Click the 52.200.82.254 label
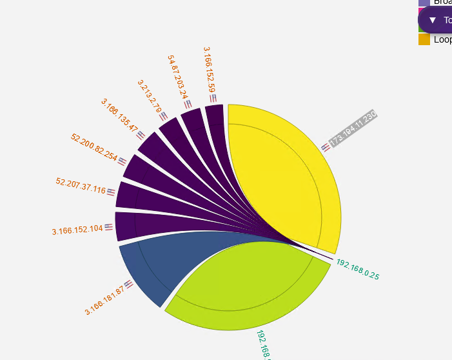click(x=94, y=147)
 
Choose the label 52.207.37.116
click(x=81, y=186)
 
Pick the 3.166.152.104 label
click(x=77, y=229)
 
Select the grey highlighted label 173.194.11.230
click(x=352, y=128)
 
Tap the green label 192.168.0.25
click(x=358, y=270)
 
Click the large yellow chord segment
click(x=284, y=174)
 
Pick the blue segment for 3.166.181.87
click(x=155, y=265)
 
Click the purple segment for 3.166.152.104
click(x=126, y=226)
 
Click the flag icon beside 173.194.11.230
click(x=326, y=147)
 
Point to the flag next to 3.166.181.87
click(x=129, y=284)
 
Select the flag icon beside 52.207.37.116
click(x=111, y=192)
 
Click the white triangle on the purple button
click(x=433, y=20)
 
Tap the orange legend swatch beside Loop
click(x=424, y=39)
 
